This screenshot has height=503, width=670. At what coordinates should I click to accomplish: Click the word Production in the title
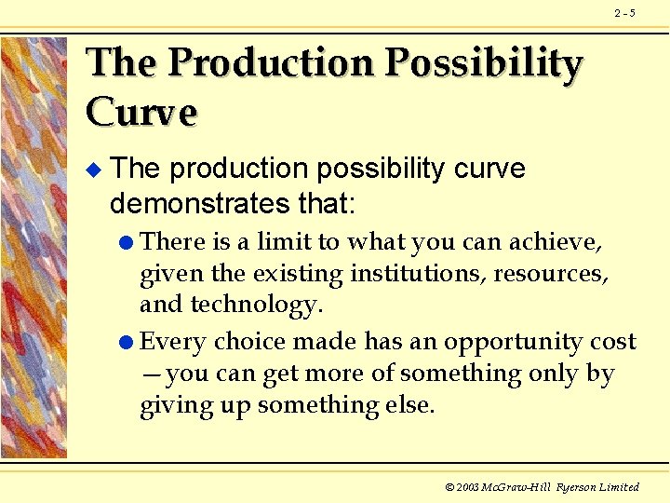(271, 63)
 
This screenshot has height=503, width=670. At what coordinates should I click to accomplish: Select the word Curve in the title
(141, 112)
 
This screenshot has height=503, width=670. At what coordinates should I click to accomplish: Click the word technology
(255, 306)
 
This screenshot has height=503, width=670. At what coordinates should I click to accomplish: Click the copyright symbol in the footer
(449, 487)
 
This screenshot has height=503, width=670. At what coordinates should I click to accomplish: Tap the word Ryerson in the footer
(577, 487)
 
